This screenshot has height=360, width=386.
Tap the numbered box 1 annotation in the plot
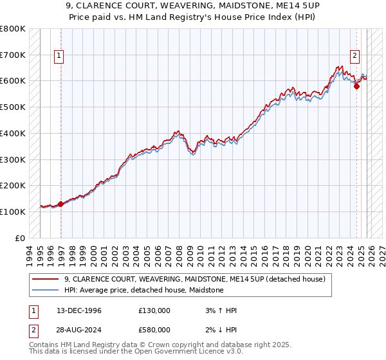59,56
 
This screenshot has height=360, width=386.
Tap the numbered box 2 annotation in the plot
354,56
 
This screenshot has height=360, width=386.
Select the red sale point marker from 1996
60,204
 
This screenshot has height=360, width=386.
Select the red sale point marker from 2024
356,86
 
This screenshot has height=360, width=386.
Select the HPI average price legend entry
143,290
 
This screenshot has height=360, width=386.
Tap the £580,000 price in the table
154,329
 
